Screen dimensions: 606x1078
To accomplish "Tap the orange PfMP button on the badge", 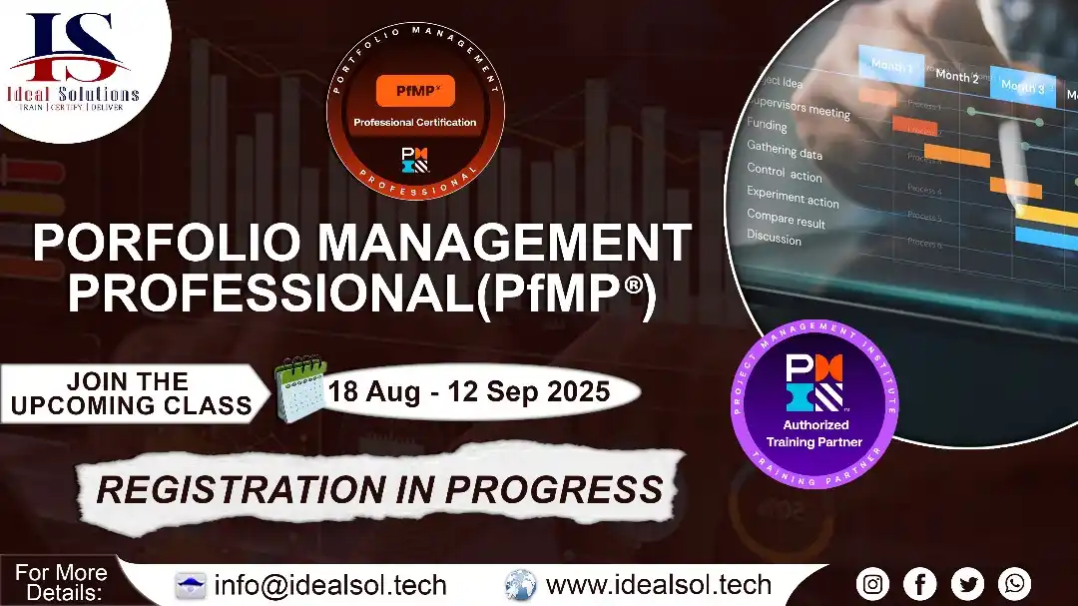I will click(x=415, y=92).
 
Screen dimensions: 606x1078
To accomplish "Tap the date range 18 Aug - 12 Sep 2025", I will click(x=469, y=391).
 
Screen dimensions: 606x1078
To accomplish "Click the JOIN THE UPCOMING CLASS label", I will click(x=130, y=393).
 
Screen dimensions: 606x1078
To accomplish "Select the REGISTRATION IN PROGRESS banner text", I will click(x=379, y=489).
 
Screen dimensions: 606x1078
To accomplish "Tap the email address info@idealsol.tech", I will click(x=330, y=585).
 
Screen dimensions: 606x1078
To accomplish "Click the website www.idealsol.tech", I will click(x=659, y=585).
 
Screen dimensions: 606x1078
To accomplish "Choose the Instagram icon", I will click(x=872, y=584).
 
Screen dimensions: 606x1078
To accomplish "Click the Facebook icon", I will click(x=920, y=584).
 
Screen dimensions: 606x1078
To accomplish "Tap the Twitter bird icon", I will click(x=967, y=584).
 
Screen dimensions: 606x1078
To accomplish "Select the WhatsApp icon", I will click(x=1014, y=584).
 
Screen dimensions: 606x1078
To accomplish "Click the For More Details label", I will click(x=61, y=583).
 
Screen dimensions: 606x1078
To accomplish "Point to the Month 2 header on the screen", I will click(x=956, y=77).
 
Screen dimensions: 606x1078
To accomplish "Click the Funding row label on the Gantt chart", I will click(x=767, y=125).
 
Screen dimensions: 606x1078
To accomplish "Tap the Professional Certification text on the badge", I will click(x=415, y=123).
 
